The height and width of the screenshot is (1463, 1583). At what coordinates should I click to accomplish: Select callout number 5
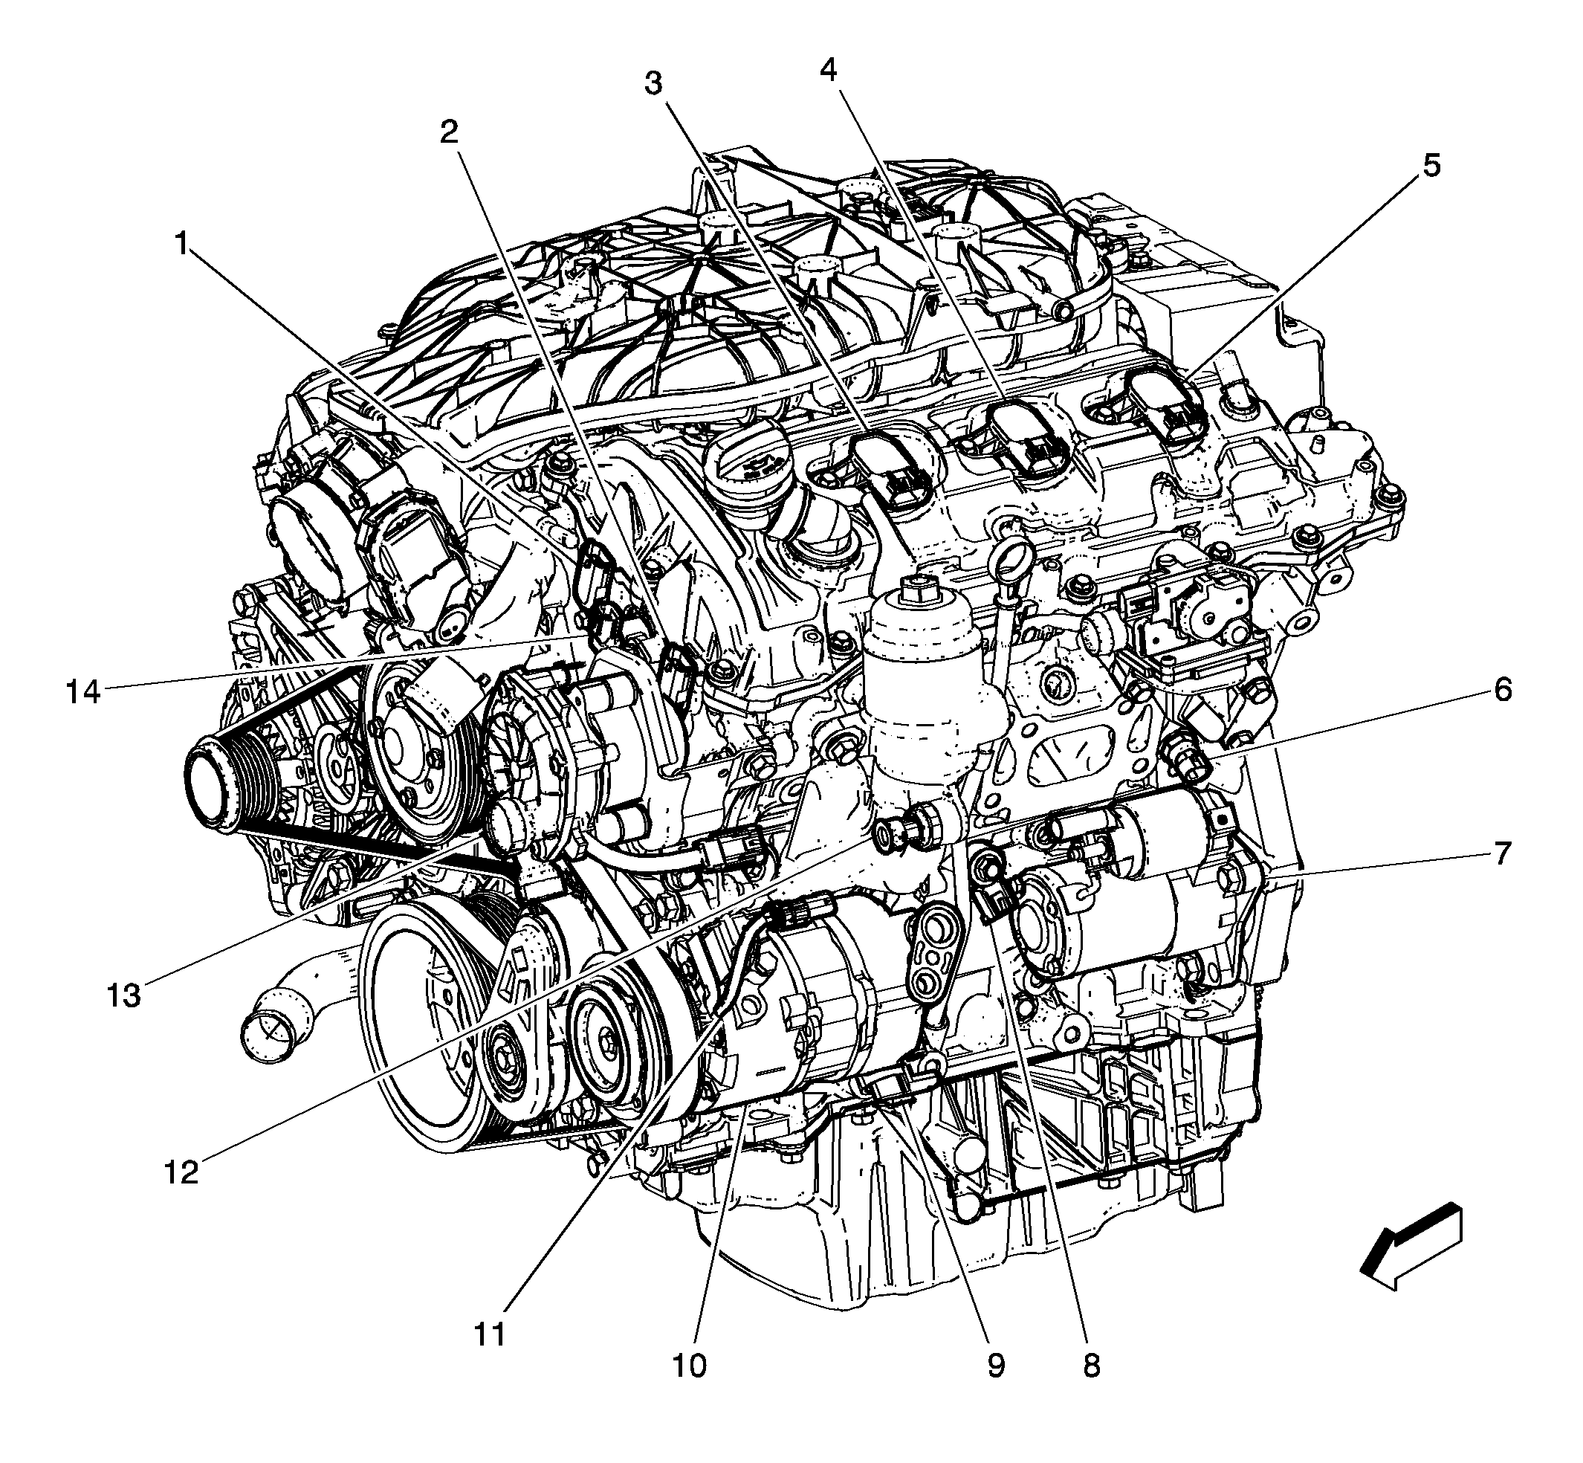pos(1431,167)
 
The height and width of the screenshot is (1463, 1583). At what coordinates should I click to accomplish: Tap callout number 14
pos(84,693)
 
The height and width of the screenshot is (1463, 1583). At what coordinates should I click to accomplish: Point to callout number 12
pos(181,1172)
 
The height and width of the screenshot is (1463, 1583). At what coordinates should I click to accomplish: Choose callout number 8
pos(1092,1366)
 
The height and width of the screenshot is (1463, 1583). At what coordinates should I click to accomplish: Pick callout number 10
pos(689,1366)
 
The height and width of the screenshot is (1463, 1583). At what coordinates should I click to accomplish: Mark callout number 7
pos(1502,854)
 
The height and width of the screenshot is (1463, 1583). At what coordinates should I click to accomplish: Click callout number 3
pos(653,83)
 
